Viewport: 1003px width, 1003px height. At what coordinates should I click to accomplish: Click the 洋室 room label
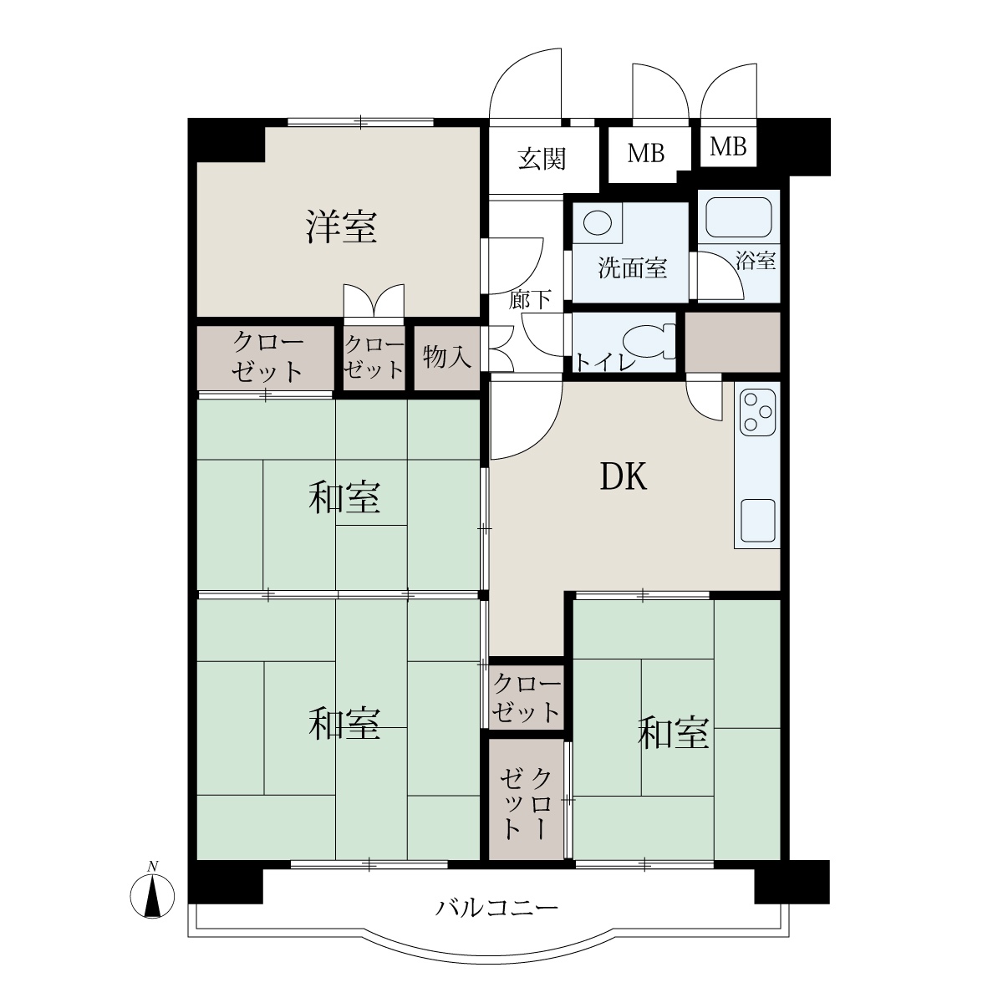[x=341, y=227]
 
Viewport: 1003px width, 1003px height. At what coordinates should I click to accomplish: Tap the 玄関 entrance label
[x=542, y=159]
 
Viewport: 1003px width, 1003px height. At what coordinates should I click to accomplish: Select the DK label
[x=624, y=476]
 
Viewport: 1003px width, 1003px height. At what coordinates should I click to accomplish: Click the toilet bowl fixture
[x=651, y=342]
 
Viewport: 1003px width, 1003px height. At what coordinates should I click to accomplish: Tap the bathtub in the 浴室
[x=738, y=217]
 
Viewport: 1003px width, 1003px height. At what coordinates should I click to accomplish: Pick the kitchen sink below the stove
[x=757, y=521]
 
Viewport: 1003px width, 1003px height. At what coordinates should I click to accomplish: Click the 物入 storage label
[x=447, y=357]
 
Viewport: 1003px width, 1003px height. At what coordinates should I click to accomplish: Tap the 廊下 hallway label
[x=529, y=300]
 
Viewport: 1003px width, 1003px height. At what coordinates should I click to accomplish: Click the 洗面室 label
[x=632, y=268]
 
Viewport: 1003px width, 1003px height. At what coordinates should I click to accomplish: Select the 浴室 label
[x=756, y=260]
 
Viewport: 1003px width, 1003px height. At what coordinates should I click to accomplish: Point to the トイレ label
[x=605, y=362]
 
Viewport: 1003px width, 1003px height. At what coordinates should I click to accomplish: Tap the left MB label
[x=646, y=154]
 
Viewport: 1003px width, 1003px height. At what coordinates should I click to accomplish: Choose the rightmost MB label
[x=728, y=147]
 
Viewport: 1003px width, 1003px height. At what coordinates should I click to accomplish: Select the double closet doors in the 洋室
[x=374, y=303]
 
